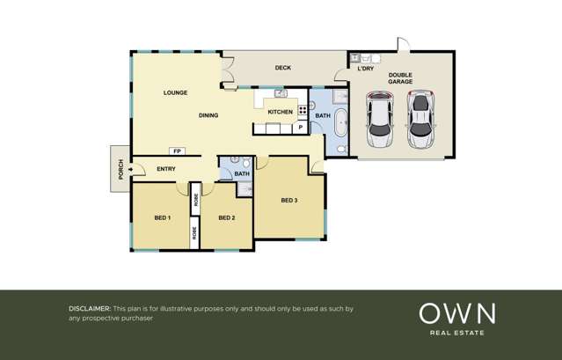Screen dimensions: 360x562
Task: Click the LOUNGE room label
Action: tap(175, 92)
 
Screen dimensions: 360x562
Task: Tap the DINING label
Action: tap(208, 115)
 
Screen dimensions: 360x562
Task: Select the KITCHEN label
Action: tap(280, 112)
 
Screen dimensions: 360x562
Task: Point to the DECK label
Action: tap(282, 68)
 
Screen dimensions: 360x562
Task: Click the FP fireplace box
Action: tap(177, 151)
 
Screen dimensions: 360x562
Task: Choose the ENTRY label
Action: tap(166, 169)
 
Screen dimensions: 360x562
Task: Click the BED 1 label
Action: tap(162, 217)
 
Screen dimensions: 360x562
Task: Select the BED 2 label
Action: tap(226, 217)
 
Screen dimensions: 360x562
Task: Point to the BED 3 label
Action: tap(289, 201)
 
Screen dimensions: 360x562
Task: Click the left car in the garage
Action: tap(381, 120)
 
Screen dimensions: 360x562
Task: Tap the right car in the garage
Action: tap(421, 120)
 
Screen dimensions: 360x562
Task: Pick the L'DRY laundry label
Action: tap(365, 69)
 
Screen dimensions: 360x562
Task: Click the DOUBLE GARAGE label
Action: tap(400, 78)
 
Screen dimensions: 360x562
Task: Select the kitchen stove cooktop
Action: tap(303, 111)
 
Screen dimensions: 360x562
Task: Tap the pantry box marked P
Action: tap(300, 128)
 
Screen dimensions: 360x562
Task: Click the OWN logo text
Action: tap(456, 313)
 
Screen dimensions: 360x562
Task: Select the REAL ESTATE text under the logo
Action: tap(456, 333)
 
